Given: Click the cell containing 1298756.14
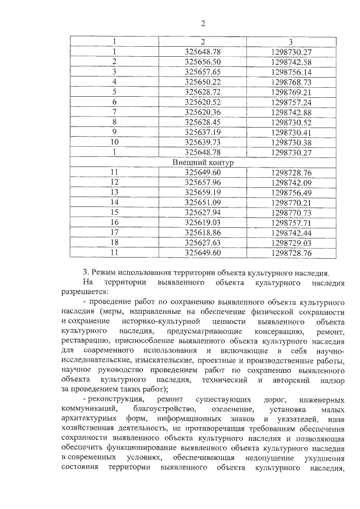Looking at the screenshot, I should [x=291, y=71].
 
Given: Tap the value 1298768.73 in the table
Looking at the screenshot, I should [x=291, y=82].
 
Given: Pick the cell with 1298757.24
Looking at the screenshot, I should [x=291, y=102].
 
